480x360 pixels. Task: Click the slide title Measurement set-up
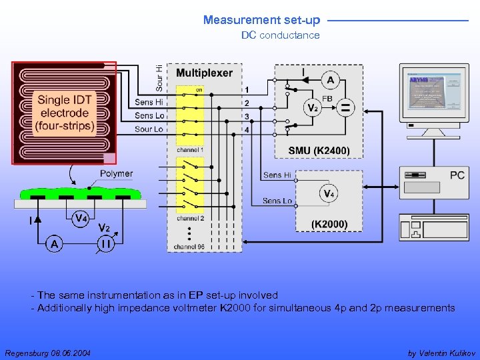pyautogui.click(x=261, y=21)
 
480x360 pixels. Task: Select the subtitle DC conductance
pyautogui.click(x=280, y=35)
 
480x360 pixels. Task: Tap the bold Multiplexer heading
pyautogui.click(x=204, y=73)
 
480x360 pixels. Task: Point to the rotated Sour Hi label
pyautogui.click(x=159, y=77)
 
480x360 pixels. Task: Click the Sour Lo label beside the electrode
pyautogui.click(x=149, y=129)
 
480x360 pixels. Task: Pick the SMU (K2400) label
pyautogui.click(x=319, y=151)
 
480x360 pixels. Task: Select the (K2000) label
pyautogui.click(x=329, y=223)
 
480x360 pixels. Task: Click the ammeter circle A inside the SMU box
pyautogui.click(x=329, y=81)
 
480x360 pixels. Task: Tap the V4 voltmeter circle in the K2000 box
pyautogui.click(x=328, y=194)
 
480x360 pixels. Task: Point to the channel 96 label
pyautogui.click(x=189, y=247)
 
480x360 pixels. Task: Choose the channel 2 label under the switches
pyautogui.click(x=190, y=218)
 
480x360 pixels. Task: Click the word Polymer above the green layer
pyautogui.click(x=116, y=173)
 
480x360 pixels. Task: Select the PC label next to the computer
pyautogui.click(x=457, y=175)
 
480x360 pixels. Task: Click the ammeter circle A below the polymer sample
pyautogui.click(x=54, y=245)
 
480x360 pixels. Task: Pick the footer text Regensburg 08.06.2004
pyautogui.click(x=47, y=352)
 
